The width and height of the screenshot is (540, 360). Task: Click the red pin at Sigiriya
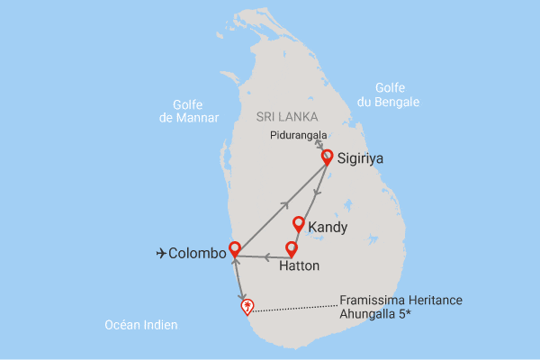tap(327, 156)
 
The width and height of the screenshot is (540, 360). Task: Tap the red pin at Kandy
tap(299, 224)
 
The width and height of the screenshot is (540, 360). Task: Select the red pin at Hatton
tap(291, 247)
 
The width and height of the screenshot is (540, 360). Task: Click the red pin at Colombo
tap(235, 247)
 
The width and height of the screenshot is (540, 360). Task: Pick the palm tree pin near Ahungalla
tap(247, 306)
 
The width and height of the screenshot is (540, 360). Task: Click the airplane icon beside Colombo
tap(161, 254)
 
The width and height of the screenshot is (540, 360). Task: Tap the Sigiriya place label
tap(360, 158)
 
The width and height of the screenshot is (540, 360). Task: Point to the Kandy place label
tap(328, 227)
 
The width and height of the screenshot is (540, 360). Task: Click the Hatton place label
tap(300, 266)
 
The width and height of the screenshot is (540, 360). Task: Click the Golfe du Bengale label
tap(387, 94)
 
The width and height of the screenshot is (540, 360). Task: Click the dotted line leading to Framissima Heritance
tap(297, 309)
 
